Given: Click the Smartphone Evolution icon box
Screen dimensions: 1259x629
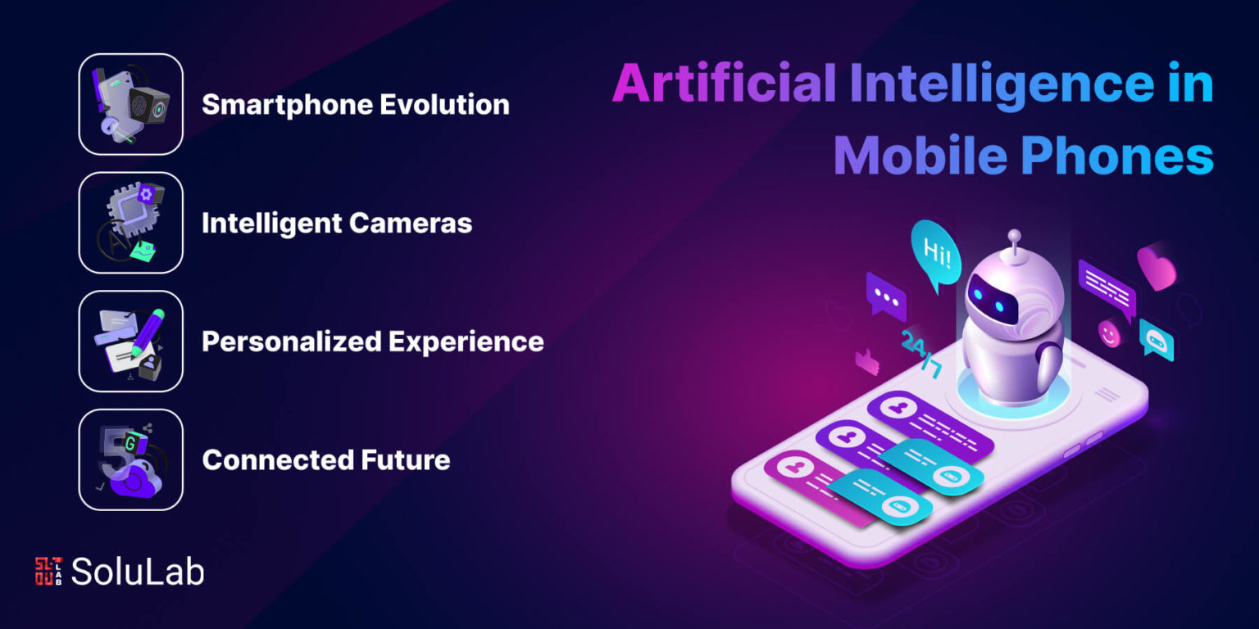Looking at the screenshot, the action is point(131,104).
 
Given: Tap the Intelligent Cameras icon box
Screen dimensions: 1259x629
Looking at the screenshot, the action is point(131,223).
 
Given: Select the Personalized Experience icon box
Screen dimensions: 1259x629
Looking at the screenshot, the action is point(131,341).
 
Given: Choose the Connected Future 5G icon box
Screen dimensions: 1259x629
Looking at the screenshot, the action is point(131,459).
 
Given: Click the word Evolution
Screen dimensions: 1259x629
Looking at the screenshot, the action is point(444,105).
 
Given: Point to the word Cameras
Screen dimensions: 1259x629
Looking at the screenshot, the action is point(411,223).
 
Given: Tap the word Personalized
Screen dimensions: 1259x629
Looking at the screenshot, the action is point(292,342).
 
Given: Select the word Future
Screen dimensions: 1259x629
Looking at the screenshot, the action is point(405,460).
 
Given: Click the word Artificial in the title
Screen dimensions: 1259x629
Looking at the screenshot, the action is point(725,83).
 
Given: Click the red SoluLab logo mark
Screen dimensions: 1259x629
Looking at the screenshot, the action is point(48,571).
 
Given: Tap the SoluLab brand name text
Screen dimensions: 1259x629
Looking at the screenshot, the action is point(138,572).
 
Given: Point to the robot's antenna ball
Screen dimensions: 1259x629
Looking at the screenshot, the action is point(1014,235).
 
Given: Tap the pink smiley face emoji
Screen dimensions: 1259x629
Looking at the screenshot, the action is point(1110,334).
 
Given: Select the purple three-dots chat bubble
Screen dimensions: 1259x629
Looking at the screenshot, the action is point(886,296).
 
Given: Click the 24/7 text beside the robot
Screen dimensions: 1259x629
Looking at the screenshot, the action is point(921,354).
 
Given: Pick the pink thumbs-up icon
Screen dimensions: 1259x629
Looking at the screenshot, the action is point(867,362).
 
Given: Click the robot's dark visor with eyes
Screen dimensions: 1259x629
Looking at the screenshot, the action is point(992,299).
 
